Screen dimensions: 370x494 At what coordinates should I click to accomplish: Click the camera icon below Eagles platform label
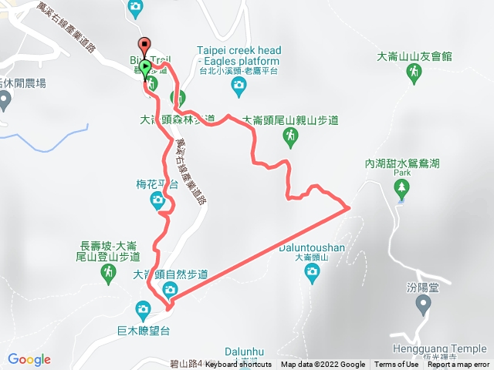pyautogui.click(x=239, y=84)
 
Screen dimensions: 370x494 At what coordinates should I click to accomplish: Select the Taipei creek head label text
pyautogui.click(x=239, y=50)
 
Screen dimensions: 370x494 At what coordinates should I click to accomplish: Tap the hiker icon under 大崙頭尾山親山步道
pyautogui.click(x=290, y=136)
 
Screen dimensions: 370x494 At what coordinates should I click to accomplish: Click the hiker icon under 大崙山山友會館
pyautogui.click(x=414, y=72)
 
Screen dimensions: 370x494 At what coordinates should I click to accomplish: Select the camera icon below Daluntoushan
pyautogui.click(x=312, y=271)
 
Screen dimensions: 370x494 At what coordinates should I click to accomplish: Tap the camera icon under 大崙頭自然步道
pyautogui.click(x=170, y=290)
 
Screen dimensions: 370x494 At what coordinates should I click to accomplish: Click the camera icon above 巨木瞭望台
pyautogui.click(x=143, y=310)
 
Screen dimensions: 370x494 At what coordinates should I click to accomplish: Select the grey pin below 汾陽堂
pyautogui.click(x=423, y=305)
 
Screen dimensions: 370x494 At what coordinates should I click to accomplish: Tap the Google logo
pyautogui.click(x=29, y=359)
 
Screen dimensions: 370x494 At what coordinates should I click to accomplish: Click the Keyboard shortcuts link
pyautogui.click(x=239, y=365)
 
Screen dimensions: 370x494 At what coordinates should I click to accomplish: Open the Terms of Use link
pyautogui.click(x=396, y=365)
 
